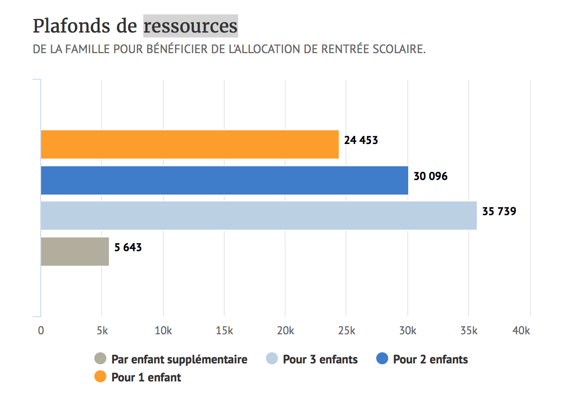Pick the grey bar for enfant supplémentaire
(75, 252)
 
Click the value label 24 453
(361, 140)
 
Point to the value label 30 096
(431, 176)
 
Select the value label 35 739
(499, 211)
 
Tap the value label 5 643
(128, 247)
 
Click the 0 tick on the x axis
(41, 330)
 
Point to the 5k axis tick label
(102, 330)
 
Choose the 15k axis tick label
(224, 330)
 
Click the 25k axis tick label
(346, 330)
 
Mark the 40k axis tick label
(521, 330)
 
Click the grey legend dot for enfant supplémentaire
(100, 358)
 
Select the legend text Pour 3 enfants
(320, 359)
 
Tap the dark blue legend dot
(382, 358)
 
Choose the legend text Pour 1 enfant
(146, 377)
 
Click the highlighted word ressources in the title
(190, 26)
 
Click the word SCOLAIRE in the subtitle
(398, 49)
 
